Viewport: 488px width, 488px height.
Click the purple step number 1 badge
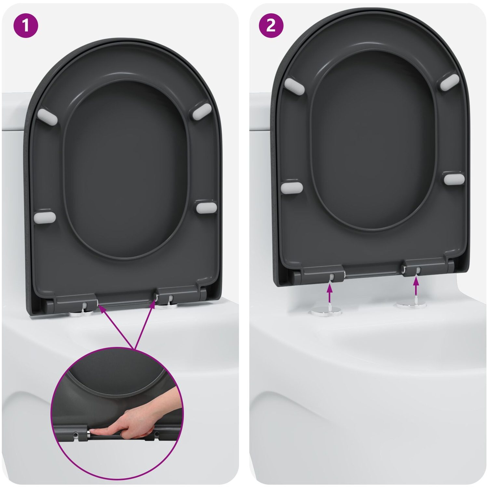coord(26,25)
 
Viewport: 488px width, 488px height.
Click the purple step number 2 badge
coord(271,25)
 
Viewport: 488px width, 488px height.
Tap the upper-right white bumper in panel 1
coord(202,111)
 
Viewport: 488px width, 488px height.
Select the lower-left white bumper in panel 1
coord(45,217)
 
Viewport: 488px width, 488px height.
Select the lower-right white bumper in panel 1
coord(207,208)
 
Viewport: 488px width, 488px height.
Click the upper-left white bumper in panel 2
coord(294,86)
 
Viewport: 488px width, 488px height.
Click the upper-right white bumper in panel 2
coord(450,82)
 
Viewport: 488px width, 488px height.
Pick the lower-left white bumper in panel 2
coord(292,187)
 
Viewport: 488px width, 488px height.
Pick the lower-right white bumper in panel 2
coord(454,179)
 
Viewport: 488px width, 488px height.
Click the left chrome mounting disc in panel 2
coord(326,311)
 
